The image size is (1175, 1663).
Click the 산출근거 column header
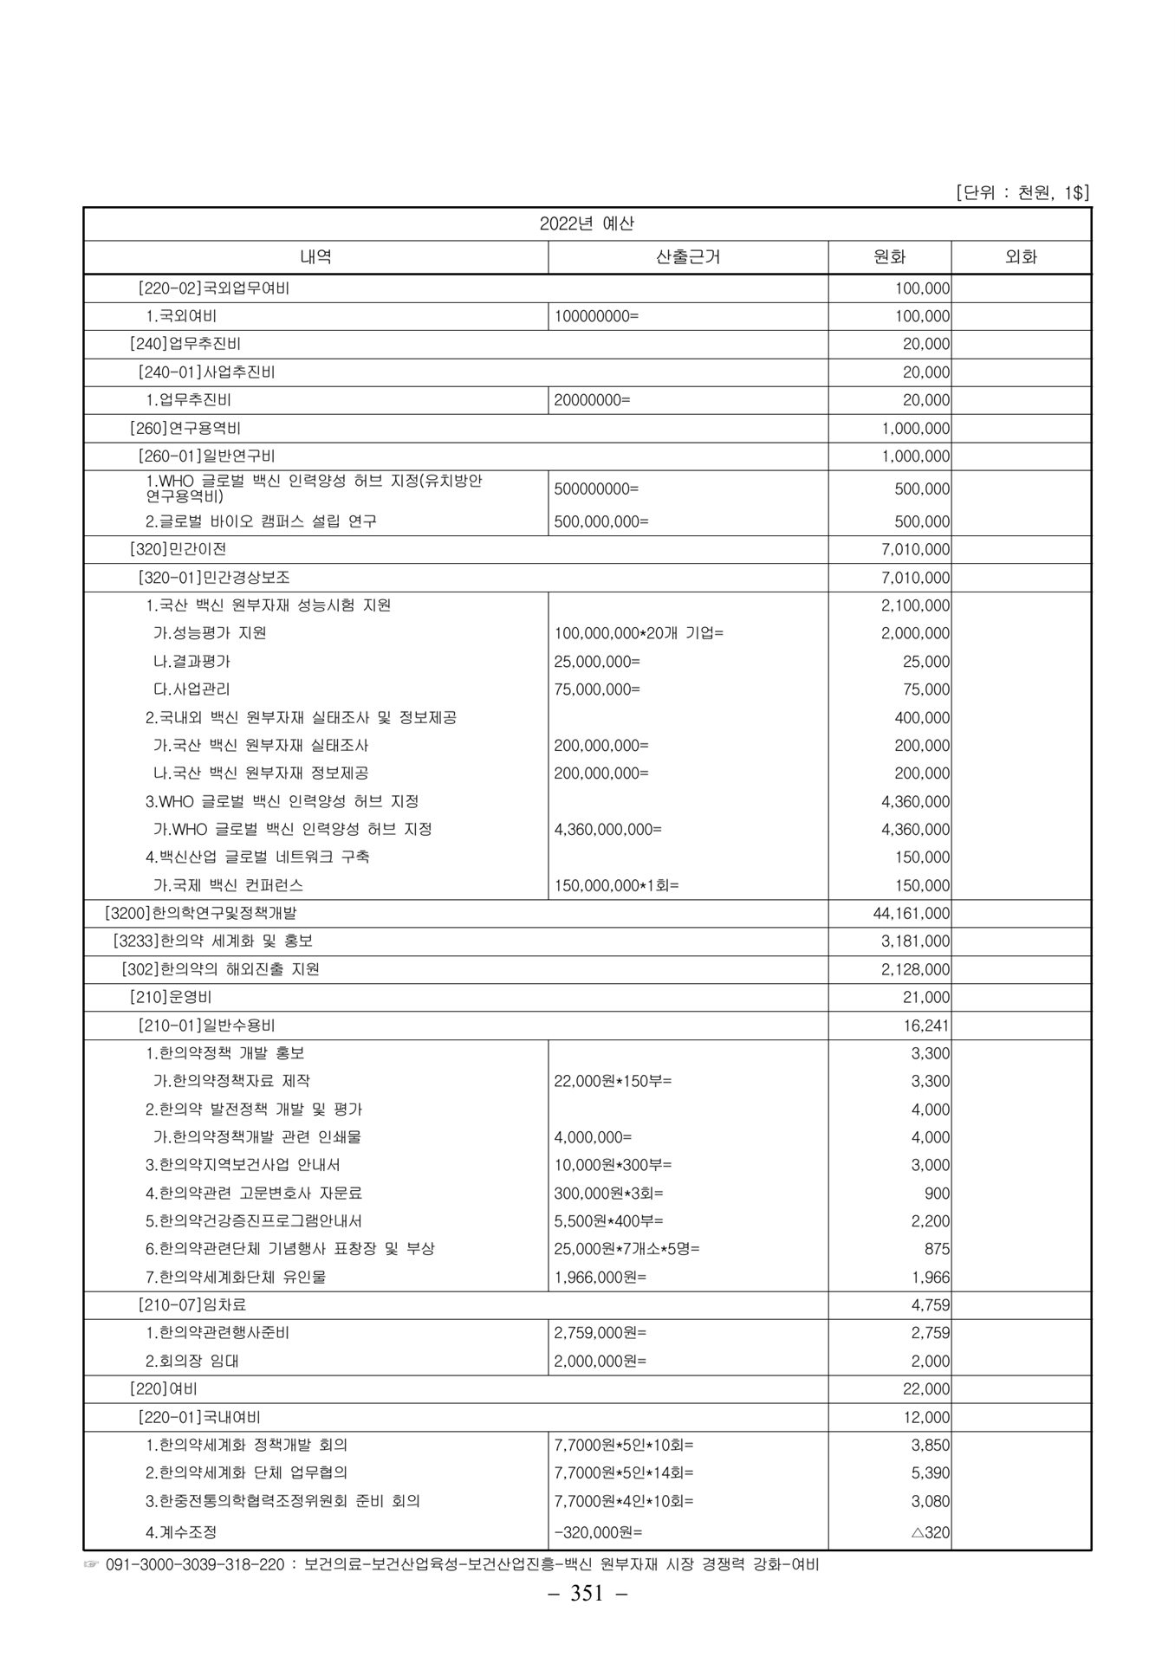(x=688, y=257)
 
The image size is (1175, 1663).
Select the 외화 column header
(x=1021, y=257)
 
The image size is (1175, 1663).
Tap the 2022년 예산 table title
(x=587, y=223)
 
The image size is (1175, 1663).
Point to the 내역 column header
(x=315, y=257)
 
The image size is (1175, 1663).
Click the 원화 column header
(x=889, y=257)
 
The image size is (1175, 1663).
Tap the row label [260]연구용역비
(x=187, y=428)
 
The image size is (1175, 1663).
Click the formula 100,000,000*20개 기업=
(x=639, y=633)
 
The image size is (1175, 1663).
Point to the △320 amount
(x=931, y=1532)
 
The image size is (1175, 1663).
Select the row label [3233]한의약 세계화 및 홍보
(x=213, y=941)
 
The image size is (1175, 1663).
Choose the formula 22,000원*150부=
(x=613, y=1081)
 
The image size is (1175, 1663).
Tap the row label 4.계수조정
(x=181, y=1532)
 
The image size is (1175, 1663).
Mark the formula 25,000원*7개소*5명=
(x=626, y=1249)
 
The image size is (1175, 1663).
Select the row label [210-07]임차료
(x=192, y=1304)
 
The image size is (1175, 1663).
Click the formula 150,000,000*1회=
(x=616, y=885)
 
